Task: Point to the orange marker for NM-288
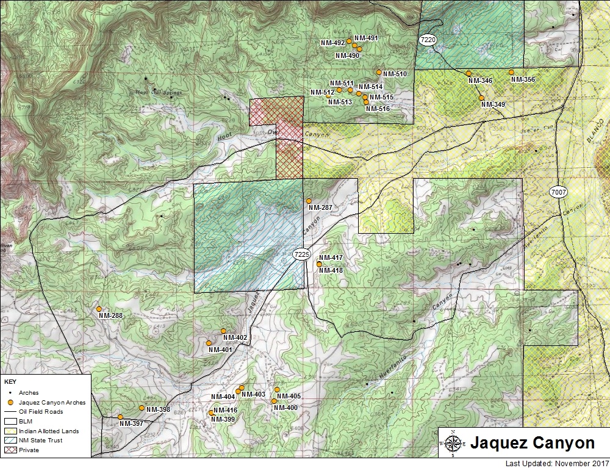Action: click(99, 309)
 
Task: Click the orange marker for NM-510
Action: click(379, 72)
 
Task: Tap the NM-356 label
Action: click(523, 80)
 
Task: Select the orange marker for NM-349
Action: click(481, 98)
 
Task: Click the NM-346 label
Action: click(480, 81)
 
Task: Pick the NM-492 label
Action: click(332, 43)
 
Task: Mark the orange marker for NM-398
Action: click(142, 408)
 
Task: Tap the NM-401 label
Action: click(220, 350)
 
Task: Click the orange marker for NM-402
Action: click(223, 331)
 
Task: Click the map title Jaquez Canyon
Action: click(531, 442)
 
